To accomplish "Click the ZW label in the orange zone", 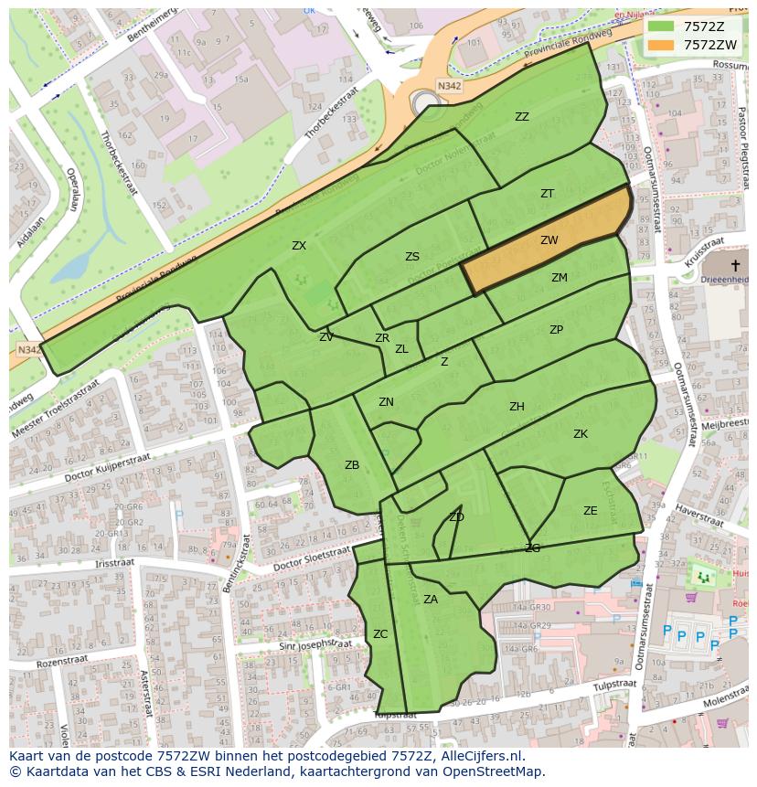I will tap(549, 240).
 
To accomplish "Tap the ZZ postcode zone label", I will tap(522, 117).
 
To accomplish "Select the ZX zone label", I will tap(299, 245).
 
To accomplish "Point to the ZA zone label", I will tap(431, 600).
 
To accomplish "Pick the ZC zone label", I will tap(380, 633).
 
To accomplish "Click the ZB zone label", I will tap(352, 465).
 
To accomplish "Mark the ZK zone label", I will tap(581, 434).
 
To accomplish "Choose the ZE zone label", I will tap(591, 511).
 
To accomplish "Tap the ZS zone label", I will tap(412, 257).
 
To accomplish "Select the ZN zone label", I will tap(387, 402).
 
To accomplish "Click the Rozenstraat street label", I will tap(61, 661).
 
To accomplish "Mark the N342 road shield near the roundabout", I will tap(449, 86).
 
